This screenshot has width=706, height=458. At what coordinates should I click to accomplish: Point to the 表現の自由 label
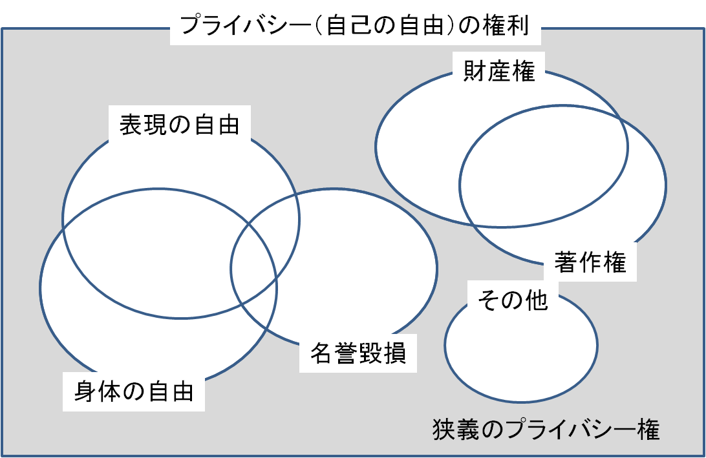tap(179, 125)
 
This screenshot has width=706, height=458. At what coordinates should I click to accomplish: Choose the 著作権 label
tap(590, 262)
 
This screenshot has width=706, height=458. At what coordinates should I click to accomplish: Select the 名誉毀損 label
tap(358, 353)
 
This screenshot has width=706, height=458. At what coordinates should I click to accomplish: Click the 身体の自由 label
tap(134, 391)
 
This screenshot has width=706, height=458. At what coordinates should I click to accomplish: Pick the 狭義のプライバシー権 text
tap(546, 429)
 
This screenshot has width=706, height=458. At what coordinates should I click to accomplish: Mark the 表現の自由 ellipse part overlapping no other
tap(180, 162)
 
